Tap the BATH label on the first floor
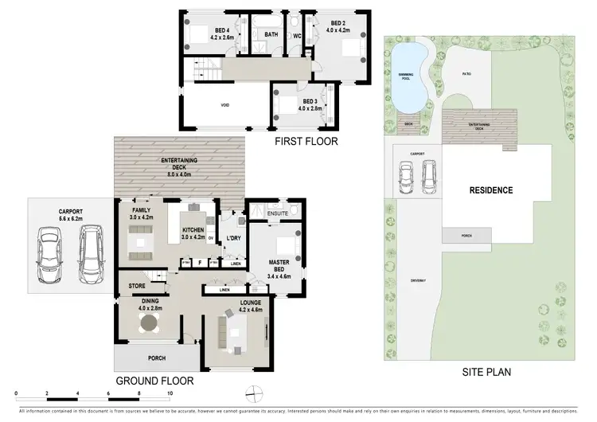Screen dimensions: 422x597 click(x=271, y=35)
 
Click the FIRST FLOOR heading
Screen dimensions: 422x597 click(x=306, y=142)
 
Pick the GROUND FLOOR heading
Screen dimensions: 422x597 click(x=155, y=381)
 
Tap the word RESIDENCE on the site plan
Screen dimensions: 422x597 click(x=490, y=190)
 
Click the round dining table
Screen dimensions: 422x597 click(x=149, y=322)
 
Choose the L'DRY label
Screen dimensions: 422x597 click(x=234, y=238)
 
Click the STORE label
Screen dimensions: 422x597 click(x=137, y=285)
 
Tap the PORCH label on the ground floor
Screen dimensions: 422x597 click(x=155, y=358)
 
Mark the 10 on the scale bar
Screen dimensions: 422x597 click(x=169, y=394)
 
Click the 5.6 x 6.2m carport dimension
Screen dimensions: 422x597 click(x=71, y=219)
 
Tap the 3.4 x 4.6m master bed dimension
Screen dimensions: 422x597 click(x=278, y=275)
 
